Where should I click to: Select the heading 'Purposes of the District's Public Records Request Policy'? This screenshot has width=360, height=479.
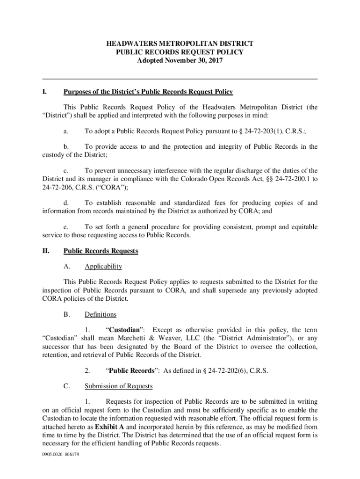(x=148, y=92)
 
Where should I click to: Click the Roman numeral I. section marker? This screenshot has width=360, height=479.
(x=45, y=92)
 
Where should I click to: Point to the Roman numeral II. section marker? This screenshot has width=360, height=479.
(x=46, y=251)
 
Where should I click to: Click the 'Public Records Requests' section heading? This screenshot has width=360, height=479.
(x=101, y=251)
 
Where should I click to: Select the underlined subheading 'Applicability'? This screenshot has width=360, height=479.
(x=103, y=267)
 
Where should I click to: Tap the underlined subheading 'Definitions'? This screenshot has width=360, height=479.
(x=101, y=314)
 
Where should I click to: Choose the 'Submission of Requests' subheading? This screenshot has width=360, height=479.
(x=118, y=386)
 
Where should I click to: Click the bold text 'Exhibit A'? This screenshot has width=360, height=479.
(x=109, y=427)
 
